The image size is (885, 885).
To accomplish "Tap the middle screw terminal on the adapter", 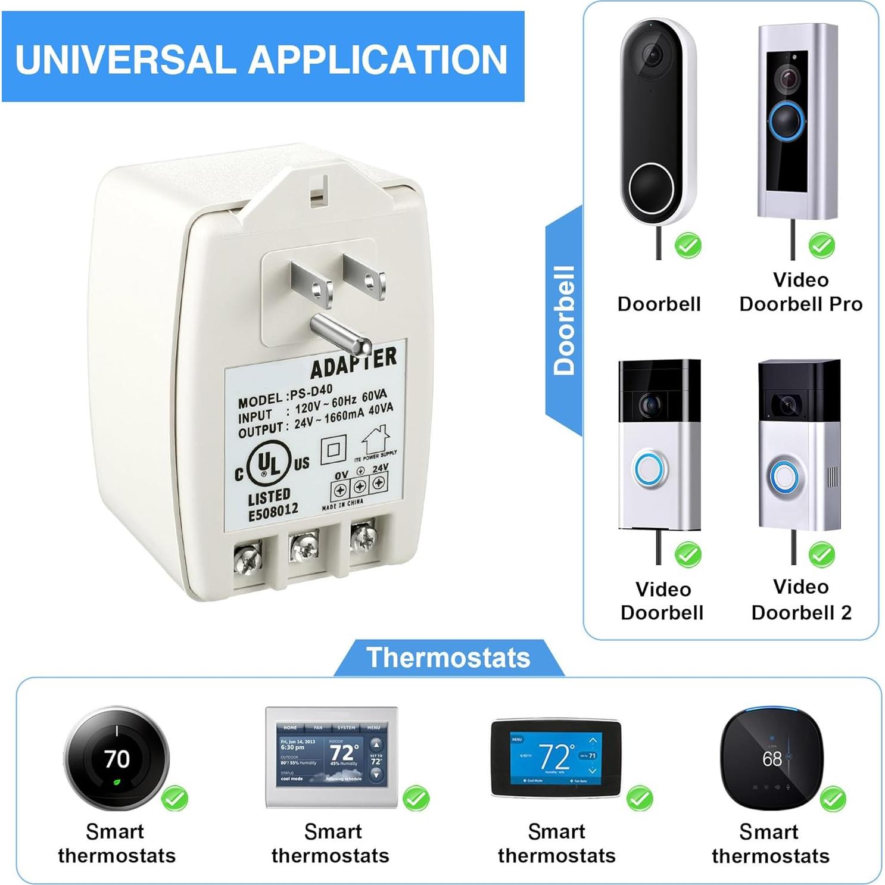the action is [x=303, y=546].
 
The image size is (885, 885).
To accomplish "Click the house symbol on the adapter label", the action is [x=375, y=440].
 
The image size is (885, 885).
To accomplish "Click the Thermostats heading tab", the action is [x=448, y=657].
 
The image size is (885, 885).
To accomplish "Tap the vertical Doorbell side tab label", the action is [x=564, y=320].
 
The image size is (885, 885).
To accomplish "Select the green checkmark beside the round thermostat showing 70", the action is [x=175, y=797].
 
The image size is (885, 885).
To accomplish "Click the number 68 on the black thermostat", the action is [x=772, y=759].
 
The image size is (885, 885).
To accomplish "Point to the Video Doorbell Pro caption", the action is [x=801, y=292].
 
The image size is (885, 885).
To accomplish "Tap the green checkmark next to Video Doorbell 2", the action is [x=821, y=554].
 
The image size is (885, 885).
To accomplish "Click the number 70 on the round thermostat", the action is [x=117, y=759].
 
